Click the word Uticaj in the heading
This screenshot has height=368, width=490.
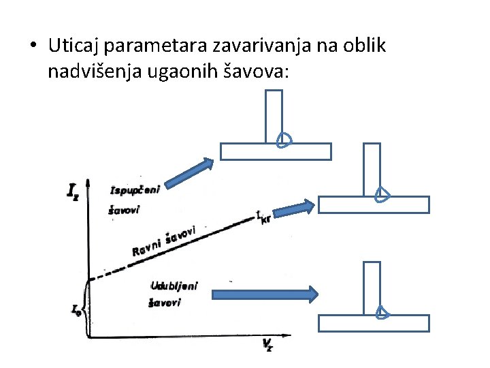tap(71, 46)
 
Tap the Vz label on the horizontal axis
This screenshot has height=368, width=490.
tap(269, 345)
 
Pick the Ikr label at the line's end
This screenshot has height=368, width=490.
tap(263, 217)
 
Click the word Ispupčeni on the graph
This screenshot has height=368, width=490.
tap(135, 189)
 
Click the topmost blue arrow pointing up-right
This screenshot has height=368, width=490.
tap(190, 172)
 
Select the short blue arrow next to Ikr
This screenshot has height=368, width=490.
tap(297, 206)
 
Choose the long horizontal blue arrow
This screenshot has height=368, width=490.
tap(264, 294)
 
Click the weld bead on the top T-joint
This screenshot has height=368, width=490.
tap(284, 140)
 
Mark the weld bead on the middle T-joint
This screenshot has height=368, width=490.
tap(382, 194)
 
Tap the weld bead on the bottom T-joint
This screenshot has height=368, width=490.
tap(382, 311)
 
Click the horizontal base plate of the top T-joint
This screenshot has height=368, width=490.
tap(276, 151)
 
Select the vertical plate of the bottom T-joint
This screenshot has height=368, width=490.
tap(372, 286)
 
